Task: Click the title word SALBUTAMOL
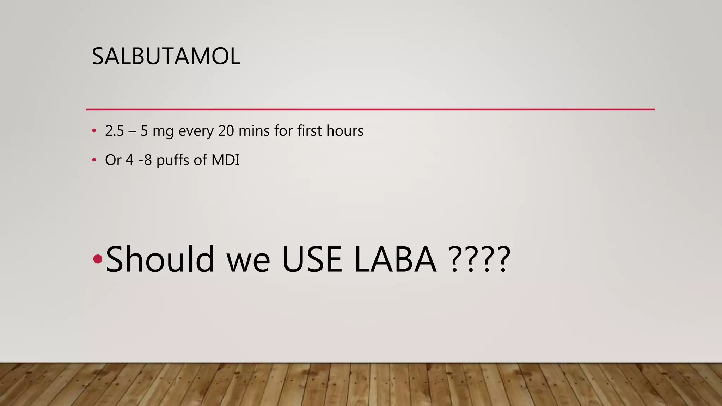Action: pyautogui.click(x=166, y=56)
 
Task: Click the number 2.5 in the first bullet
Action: pyautogui.click(x=115, y=131)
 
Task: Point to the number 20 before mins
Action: pyautogui.click(x=226, y=131)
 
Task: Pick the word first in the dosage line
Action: pyautogui.click(x=310, y=131)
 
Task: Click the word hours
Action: pyautogui.click(x=345, y=131)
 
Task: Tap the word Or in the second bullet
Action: pyautogui.click(x=113, y=160)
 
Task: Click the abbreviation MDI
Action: pyautogui.click(x=225, y=160)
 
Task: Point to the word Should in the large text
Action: pyautogui.click(x=160, y=259)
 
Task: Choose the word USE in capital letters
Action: pyautogui.click(x=312, y=260)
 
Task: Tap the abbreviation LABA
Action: pyautogui.click(x=395, y=260)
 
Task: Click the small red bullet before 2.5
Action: pyautogui.click(x=94, y=131)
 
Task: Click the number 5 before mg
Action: pyautogui.click(x=144, y=131)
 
